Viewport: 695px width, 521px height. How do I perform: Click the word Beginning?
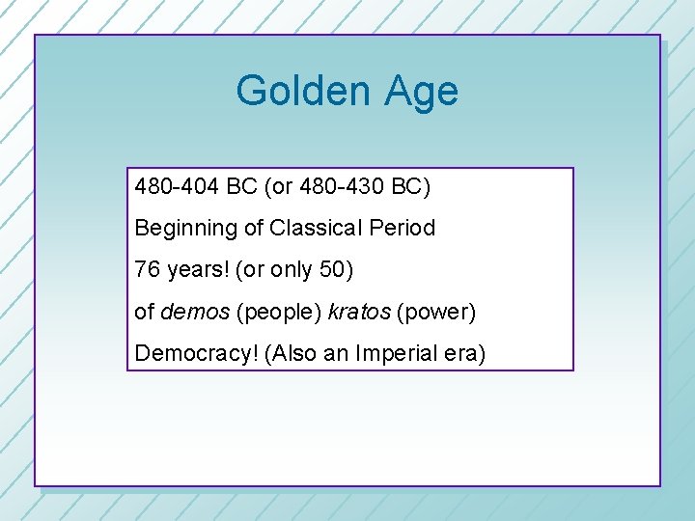point(181,230)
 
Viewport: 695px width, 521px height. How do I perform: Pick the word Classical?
point(317,229)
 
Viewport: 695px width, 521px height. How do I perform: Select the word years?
point(196,271)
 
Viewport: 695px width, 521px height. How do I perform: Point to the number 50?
point(331,270)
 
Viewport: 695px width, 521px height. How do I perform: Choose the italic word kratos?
point(358,313)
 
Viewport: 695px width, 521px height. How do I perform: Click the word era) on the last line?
point(464,354)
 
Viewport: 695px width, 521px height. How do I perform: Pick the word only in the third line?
point(291,271)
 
